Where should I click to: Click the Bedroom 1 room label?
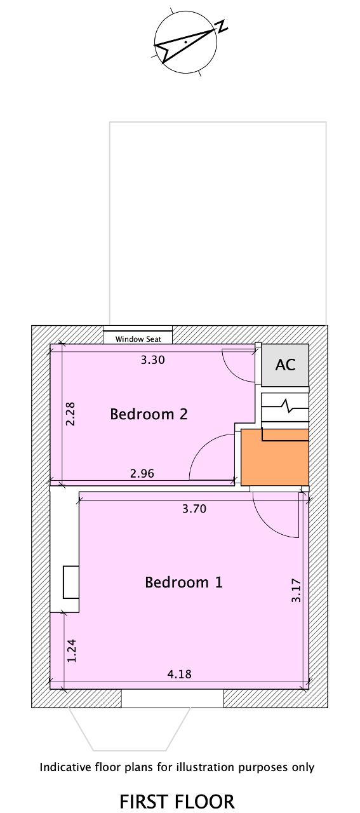pos(183,582)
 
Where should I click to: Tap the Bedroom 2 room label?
pos(149,414)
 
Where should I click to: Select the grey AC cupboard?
pos(285,365)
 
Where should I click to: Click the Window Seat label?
pos(138,339)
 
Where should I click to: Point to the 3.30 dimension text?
pos(153,360)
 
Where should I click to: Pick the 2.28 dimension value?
pos(70,413)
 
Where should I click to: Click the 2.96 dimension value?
pos(142,473)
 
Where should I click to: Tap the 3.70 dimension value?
pos(194,509)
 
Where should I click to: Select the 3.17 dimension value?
pos(296,591)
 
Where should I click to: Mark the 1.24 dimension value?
pos(72,650)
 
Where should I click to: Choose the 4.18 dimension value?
pos(179,674)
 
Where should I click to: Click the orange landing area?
pos(275,458)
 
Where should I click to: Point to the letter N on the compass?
pos(222,27)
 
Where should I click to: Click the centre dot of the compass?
pos(185,42)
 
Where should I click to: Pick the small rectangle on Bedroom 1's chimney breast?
pos(71,582)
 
